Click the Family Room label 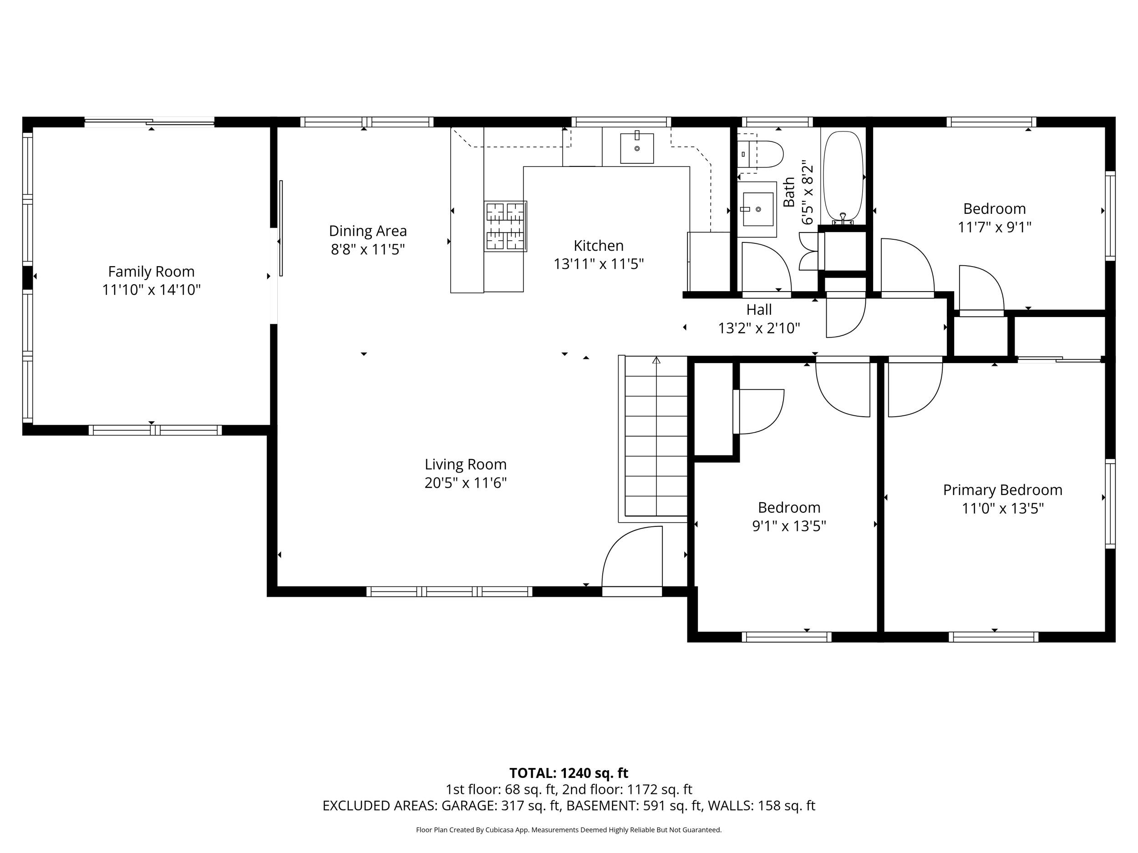click(x=151, y=272)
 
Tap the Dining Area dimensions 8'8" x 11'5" click(x=367, y=250)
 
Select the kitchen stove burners click(x=505, y=226)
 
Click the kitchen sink click(x=636, y=148)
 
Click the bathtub click(x=843, y=175)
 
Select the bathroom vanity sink click(x=757, y=209)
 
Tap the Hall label click(x=759, y=309)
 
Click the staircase click(x=656, y=437)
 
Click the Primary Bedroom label click(x=1002, y=490)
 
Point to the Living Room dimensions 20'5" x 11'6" click(x=466, y=483)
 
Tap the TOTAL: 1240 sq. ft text click(x=569, y=773)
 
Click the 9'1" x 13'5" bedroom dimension click(x=789, y=526)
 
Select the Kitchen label click(x=598, y=245)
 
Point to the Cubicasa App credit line click(x=569, y=830)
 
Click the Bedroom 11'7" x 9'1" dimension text click(x=994, y=227)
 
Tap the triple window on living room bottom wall click(x=449, y=592)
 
